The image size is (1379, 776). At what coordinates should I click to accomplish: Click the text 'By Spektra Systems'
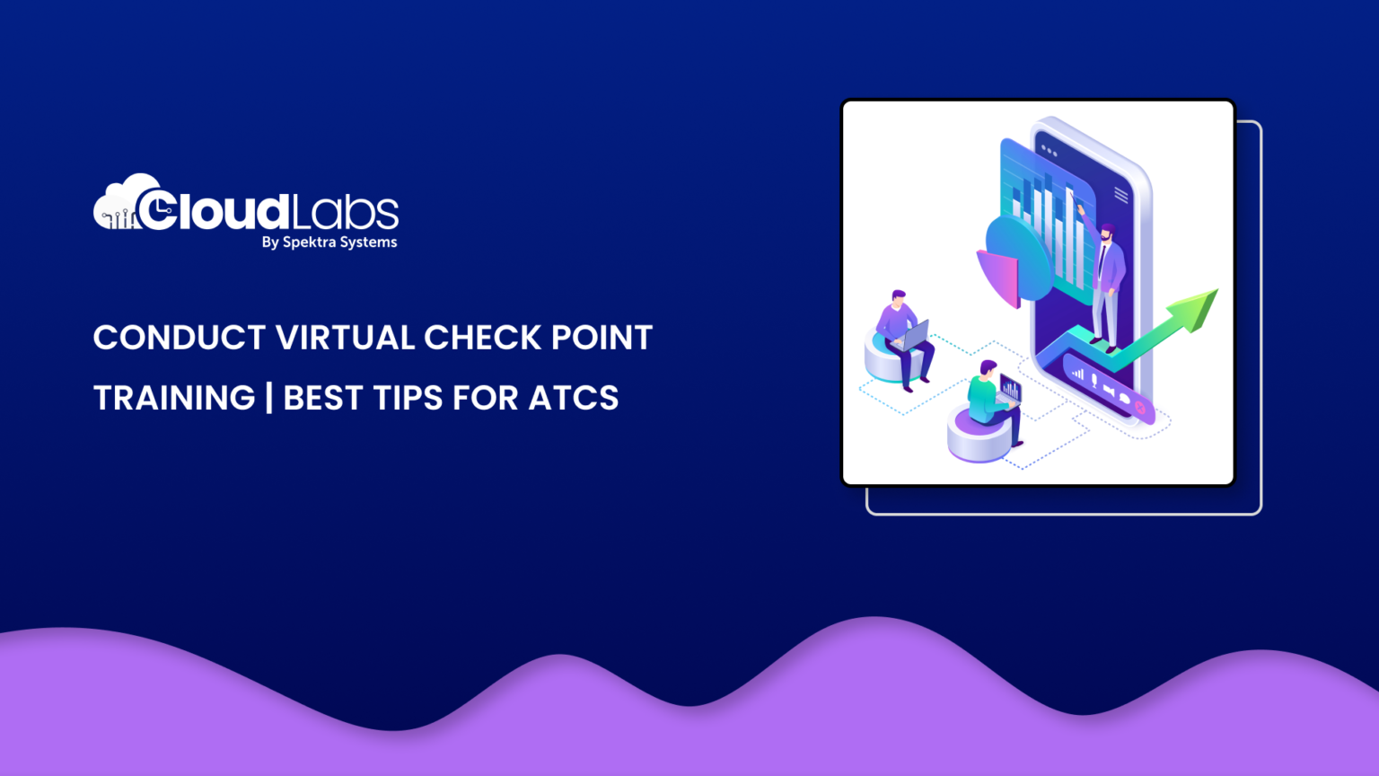(329, 242)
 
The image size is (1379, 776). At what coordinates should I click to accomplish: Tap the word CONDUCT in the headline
(180, 338)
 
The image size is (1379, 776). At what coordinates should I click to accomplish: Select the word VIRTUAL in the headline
(345, 338)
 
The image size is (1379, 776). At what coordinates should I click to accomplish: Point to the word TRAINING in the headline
(174, 398)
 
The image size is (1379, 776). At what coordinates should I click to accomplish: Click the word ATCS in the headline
(574, 398)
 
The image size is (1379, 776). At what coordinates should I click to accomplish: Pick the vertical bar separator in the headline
(269, 398)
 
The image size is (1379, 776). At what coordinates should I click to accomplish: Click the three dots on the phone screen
(1049, 150)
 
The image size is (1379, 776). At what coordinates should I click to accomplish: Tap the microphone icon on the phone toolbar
(1094, 380)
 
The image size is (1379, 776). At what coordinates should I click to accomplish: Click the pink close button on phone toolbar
(1140, 407)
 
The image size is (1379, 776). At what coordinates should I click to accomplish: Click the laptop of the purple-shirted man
(913, 336)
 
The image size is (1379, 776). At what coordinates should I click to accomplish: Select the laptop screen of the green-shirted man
(1010, 389)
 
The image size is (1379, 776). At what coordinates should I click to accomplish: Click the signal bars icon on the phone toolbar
(1077, 373)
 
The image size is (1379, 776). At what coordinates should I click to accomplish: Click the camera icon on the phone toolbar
(1109, 390)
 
